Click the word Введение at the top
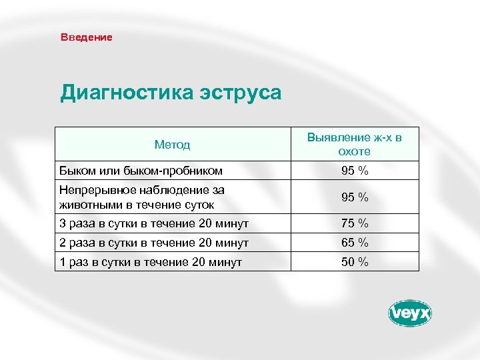click(x=87, y=37)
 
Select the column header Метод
click(x=172, y=144)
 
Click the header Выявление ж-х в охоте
click(x=354, y=144)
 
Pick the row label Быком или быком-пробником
click(x=141, y=171)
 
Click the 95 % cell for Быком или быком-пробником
click(x=355, y=171)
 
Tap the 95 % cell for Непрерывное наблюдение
click(x=355, y=197)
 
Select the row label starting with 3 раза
click(x=154, y=223)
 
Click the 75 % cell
click(x=355, y=223)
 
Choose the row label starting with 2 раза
click(x=154, y=243)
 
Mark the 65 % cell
click(x=355, y=243)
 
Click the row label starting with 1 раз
click(x=151, y=262)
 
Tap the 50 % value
click(x=355, y=262)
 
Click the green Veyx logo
click(x=410, y=313)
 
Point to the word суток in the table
click(x=199, y=205)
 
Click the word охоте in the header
click(x=354, y=151)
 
